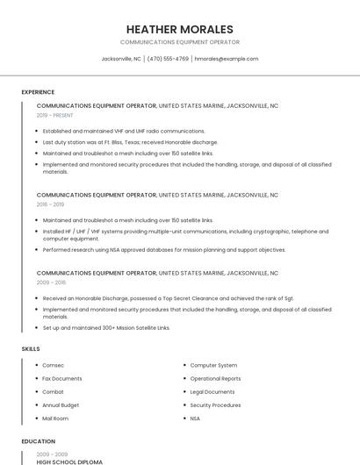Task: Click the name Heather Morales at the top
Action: tap(180, 29)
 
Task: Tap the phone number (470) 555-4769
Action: tap(168, 59)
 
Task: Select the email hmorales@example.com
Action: tap(227, 59)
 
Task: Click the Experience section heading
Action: tap(38, 92)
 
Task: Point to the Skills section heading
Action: tap(31, 349)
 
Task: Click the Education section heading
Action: tap(39, 441)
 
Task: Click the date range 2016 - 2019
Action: tap(51, 204)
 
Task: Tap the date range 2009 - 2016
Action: tap(51, 283)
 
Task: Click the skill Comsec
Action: tap(54, 365)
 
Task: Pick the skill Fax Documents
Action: tap(62, 378)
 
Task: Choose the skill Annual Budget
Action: tap(61, 405)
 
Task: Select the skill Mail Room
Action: tap(56, 418)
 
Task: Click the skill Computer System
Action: tap(213, 365)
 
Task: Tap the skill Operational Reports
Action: tap(215, 378)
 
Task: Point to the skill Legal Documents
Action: tap(212, 391)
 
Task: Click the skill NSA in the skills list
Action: tap(195, 418)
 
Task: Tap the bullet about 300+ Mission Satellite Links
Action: tap(106, 327)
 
